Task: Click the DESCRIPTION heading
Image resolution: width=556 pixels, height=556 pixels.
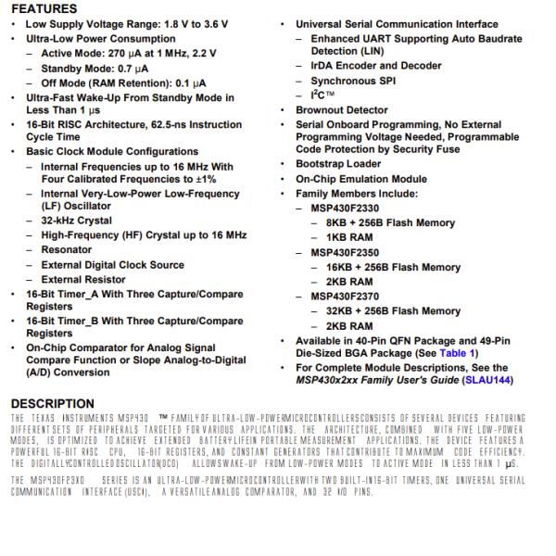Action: click(54, 403)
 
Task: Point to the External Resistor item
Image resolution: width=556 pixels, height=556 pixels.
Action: click(84, 279)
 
